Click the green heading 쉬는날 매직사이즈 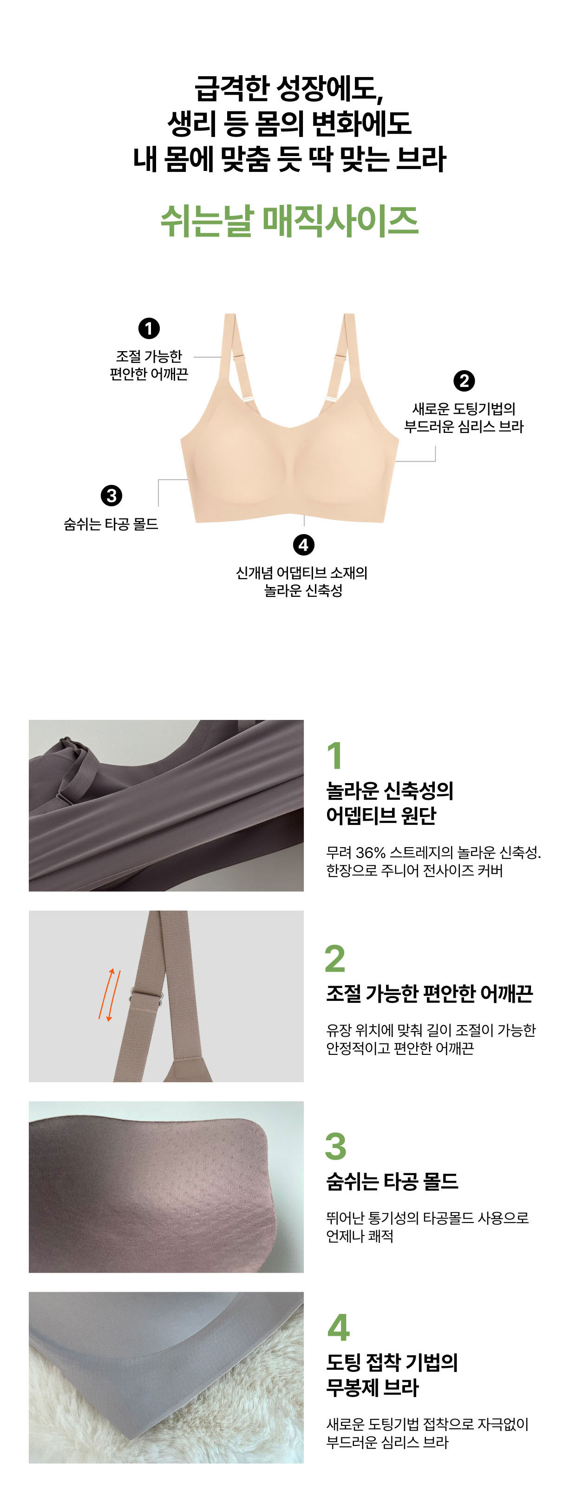(x=289, y=222)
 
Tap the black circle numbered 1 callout (x=149, y=328)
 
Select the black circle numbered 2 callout (x=464, y=381)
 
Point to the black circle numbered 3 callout (x=111, y=496)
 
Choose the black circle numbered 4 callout (x=303, y=545)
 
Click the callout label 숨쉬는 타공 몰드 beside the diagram (x=111, y=524)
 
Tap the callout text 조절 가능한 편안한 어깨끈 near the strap (x=149, y=365)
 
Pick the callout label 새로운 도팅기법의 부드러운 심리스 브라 (x=464, y=418)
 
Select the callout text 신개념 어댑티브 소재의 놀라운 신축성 (x=302, y=582)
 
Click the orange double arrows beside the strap (x=110, y=995)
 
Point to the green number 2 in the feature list (x=335, y=959)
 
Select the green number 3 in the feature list (x=335, y=1146)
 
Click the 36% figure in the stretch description (x=371, y=853)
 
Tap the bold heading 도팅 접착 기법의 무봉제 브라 (x=392, y=1375)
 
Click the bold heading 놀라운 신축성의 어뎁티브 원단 (x=390, y=804)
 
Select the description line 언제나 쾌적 (x=360, y=1236)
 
